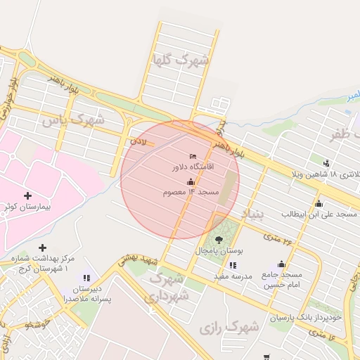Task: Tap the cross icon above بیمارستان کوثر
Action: pyautogui.click(x=27, y=195)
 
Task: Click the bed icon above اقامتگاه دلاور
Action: pyautogui.click(x=193, y=155)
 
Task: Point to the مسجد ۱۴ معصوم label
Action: pyautogui.click(x=191, y=192)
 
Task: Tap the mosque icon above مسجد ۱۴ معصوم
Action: pyautogui.click(x=191, y=182)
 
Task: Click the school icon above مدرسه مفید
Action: pyautogui.click(x=233, y=265)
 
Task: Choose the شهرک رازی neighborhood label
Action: pyautogui.click(x=229, y=328)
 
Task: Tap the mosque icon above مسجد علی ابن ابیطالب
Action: pyautogui.click(x=319, y=202)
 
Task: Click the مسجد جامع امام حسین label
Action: pyautogui.click(x=282, y=279)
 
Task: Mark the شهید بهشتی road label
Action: pyautogui.click(x=132, y=260)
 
